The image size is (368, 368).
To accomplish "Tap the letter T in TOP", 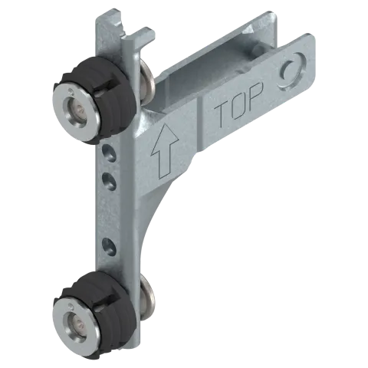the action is pos(222,114).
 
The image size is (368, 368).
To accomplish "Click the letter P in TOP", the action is pos(256,95).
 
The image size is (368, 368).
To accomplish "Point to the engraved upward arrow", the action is pos(164,150).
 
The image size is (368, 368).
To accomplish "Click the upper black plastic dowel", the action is pos(94,100).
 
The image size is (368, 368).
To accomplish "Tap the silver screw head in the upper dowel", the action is pos(76,112).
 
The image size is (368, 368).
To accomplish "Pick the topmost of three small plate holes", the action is pos(109,153).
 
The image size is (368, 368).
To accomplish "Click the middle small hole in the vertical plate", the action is pos(109,182).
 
